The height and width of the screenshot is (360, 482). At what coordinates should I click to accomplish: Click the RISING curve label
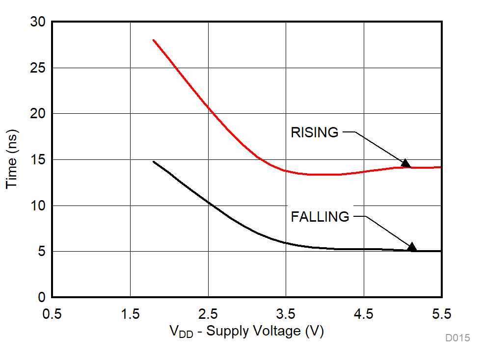315,132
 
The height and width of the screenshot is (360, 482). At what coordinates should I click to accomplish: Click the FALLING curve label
320,217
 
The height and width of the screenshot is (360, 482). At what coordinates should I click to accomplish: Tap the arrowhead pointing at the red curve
405,163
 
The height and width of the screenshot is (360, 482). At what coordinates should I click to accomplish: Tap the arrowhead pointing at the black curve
412,247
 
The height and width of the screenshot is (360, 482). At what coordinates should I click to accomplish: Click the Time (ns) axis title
12,160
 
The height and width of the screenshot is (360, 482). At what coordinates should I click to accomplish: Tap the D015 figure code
457,338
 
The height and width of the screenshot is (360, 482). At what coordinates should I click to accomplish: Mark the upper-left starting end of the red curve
154,40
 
